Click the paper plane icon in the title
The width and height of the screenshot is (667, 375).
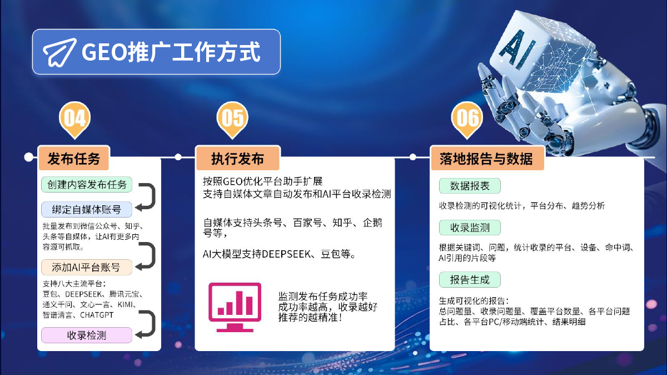pyautogui.click(x=59, y=52)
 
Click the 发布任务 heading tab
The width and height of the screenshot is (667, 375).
pyautogui.click(x=74, y=158)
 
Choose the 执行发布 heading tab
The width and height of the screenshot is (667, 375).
pyautogui.click(x=238, y=158)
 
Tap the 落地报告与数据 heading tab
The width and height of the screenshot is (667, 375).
pyautogui.click(x=487, y=158)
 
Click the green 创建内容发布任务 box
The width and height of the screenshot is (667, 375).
pyautogui.click(x=87, y=185)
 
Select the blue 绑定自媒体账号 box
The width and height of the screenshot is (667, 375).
pyautogui.click(x=87, y=210)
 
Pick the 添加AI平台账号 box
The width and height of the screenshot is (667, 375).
pyautogui.click(x=87, y=267)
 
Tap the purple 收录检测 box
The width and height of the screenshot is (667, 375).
pyautogui.click(x=87, y=335)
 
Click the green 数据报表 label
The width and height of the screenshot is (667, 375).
pyautogui.click(x=470, y=186)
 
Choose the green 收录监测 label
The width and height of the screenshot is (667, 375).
pyautogui.click(x=470, y=228)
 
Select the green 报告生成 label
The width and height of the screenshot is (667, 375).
pyautogui.click(x=470, y=280)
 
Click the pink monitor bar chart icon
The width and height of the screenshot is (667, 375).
pyautogui.click(x=235, y=307)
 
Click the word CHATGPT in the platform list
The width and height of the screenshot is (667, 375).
pyautogui.click(x=97, y=315)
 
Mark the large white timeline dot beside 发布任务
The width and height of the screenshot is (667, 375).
pyautogui.click(x=28, y=157)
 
